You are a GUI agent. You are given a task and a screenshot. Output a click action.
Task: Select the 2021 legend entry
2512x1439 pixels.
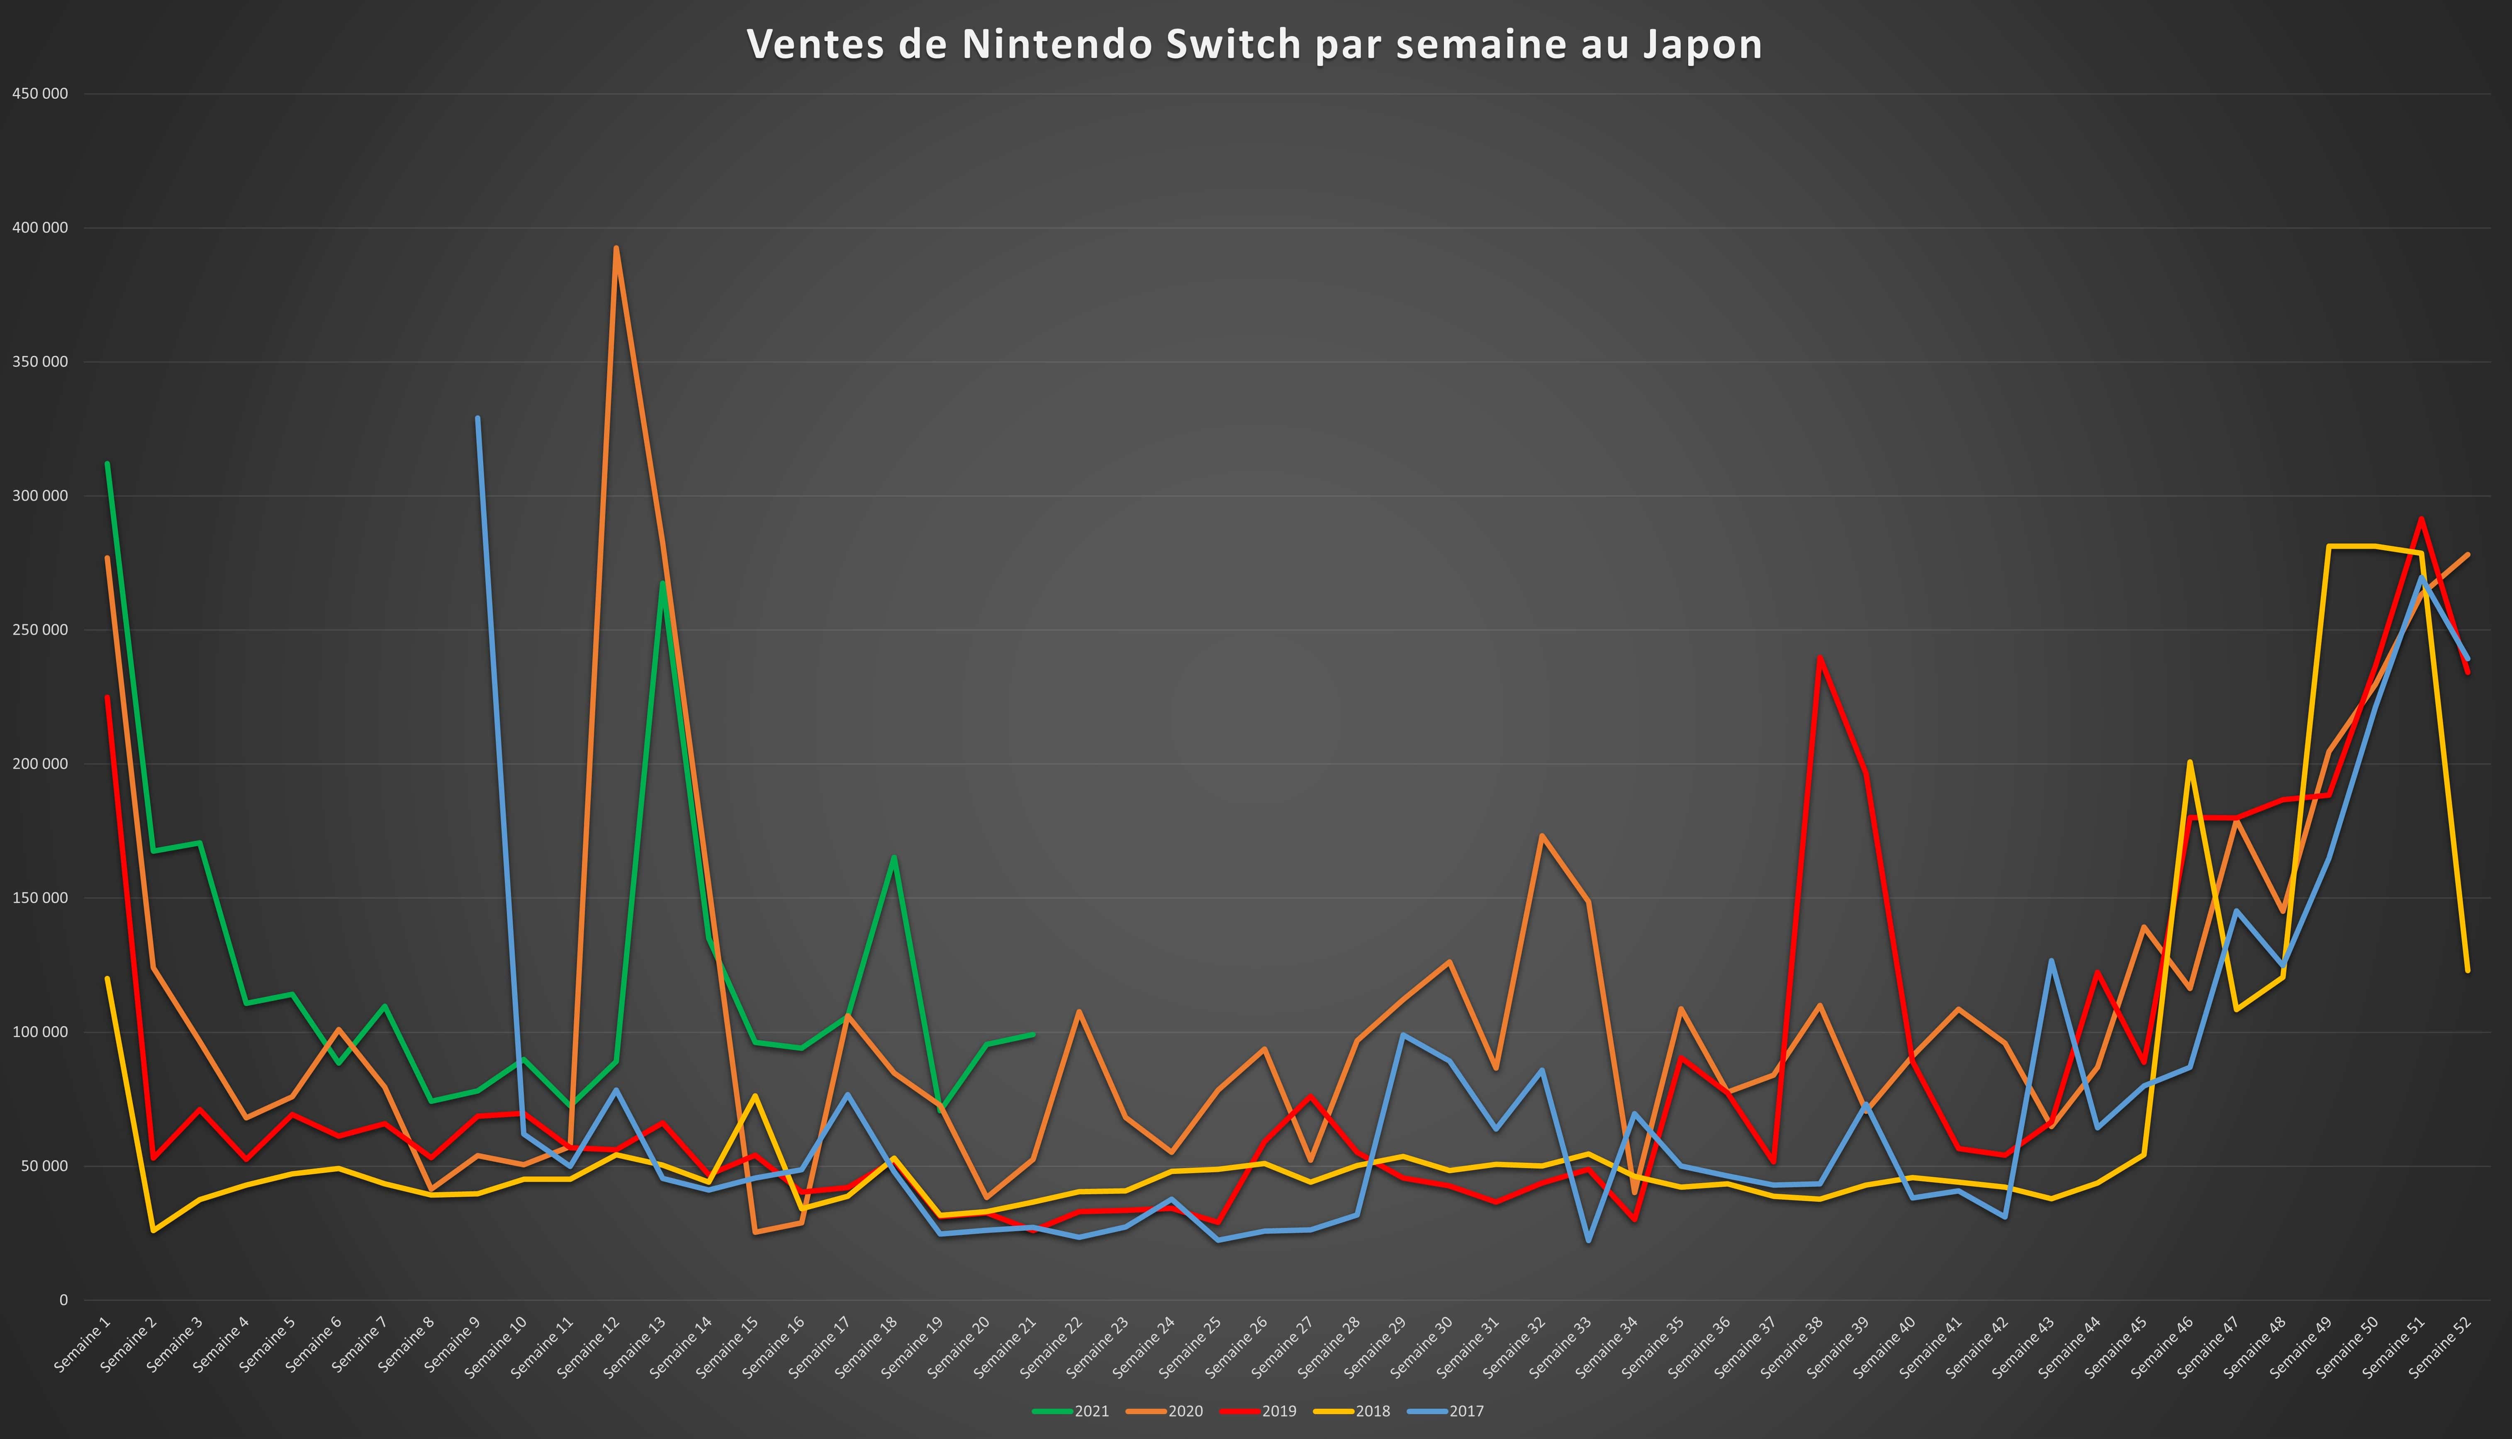[1072, 1411]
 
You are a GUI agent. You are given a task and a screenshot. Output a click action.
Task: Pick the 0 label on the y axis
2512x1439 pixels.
[63, 1300]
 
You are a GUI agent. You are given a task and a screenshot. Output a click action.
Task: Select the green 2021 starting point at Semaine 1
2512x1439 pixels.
[107, 463]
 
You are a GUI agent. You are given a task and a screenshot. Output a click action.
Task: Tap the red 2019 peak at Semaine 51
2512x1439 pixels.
[2421, 518]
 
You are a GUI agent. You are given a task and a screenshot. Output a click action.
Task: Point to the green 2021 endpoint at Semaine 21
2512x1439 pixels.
[1033, 1035]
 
